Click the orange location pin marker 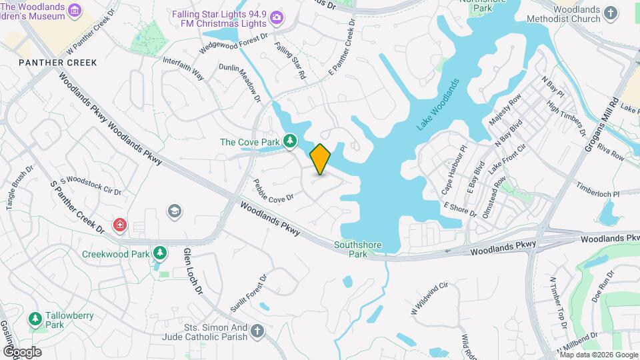(320, 159)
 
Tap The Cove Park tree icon (290, 141)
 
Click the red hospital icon (120, 225)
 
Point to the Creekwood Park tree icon (159, 253)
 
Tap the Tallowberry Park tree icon (35, 319)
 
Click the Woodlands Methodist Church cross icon (611, 12)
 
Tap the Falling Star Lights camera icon (276, 17)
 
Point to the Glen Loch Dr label (192, 271)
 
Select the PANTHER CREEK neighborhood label (58, 63)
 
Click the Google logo (22, 351)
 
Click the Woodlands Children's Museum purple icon (74, 11)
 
